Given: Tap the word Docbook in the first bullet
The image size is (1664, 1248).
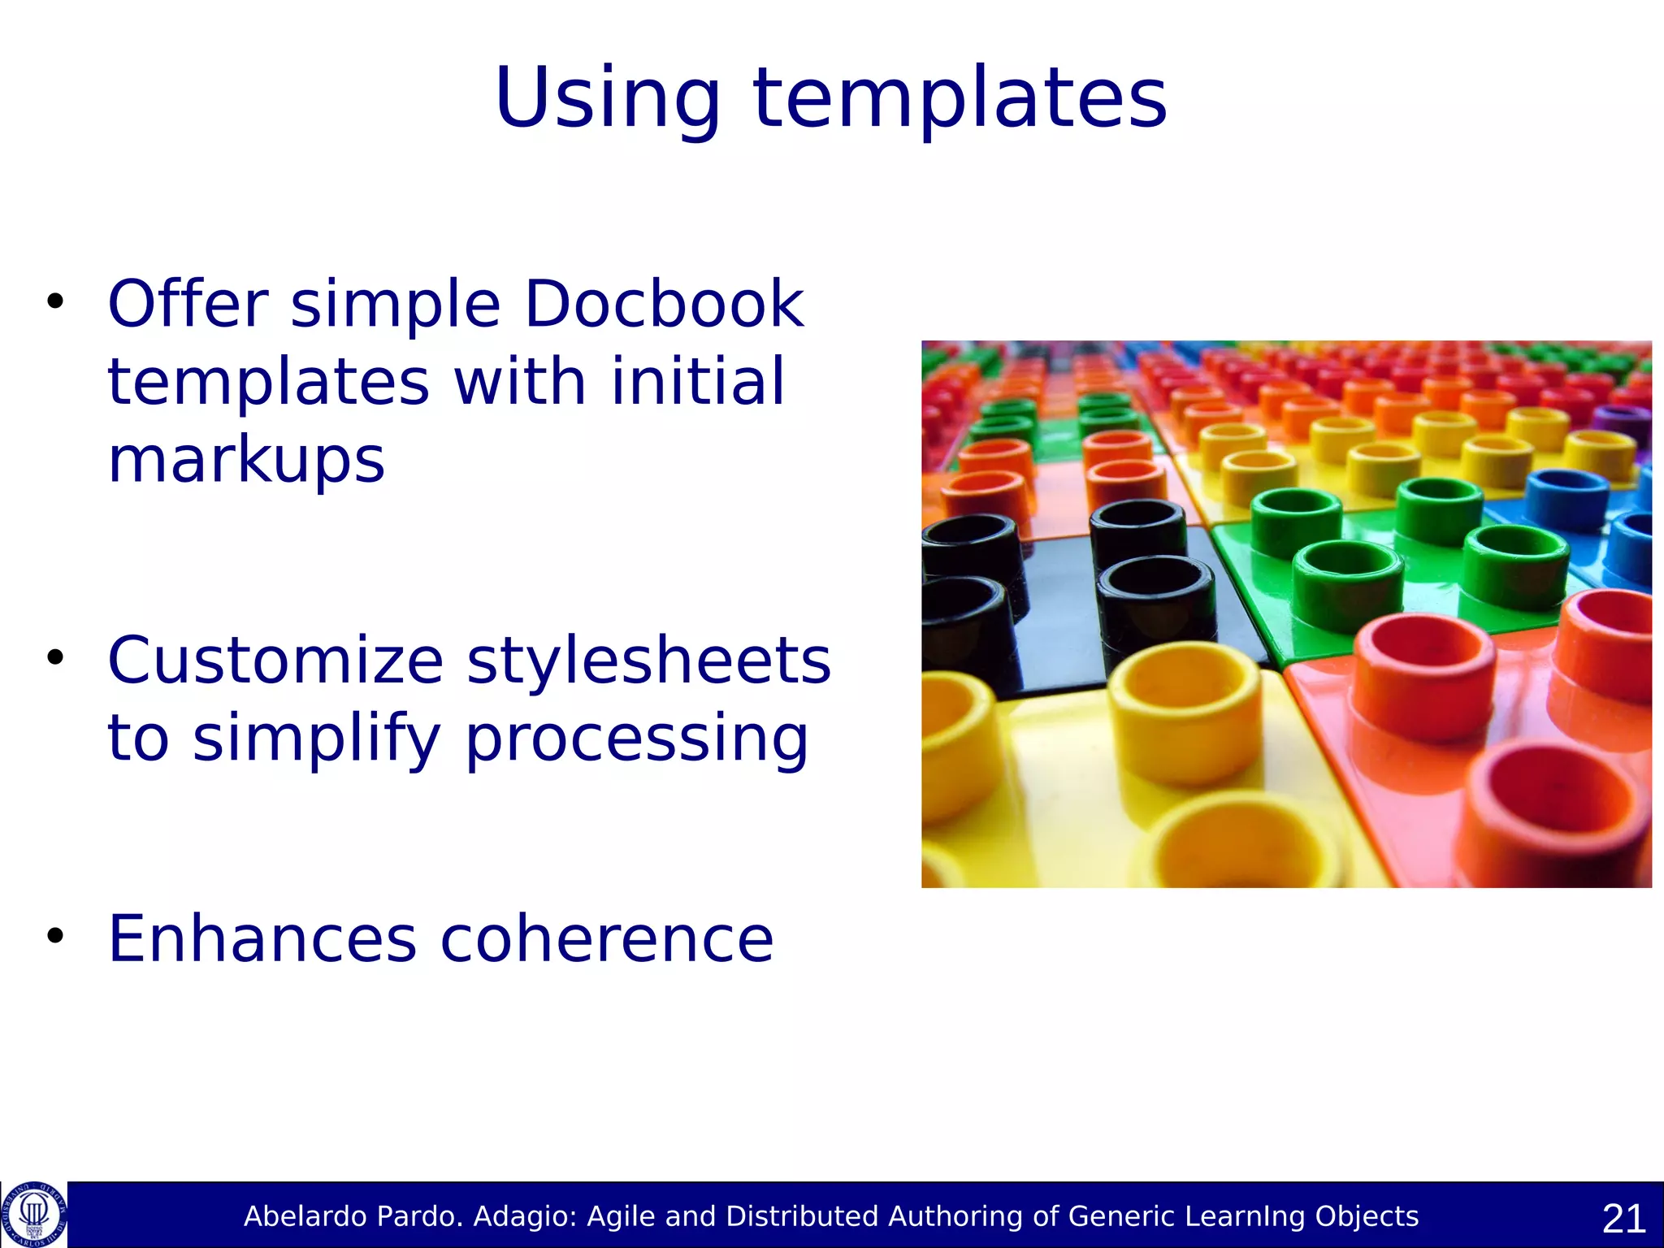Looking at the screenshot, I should pyautogui.click(x=664, y=303).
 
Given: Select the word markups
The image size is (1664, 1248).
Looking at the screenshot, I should pyautogui.click(x=246, y=460).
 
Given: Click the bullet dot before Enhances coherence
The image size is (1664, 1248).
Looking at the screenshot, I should pyautogui.click(x=54, y=936).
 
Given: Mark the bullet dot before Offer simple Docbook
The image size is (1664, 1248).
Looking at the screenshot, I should pyautogui.click(x=54, y=301).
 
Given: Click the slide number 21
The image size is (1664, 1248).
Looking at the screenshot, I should pyautogui.click(x=1623, y=1218).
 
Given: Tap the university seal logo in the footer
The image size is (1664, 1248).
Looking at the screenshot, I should pyautogui.click(x=33, y=1214).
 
